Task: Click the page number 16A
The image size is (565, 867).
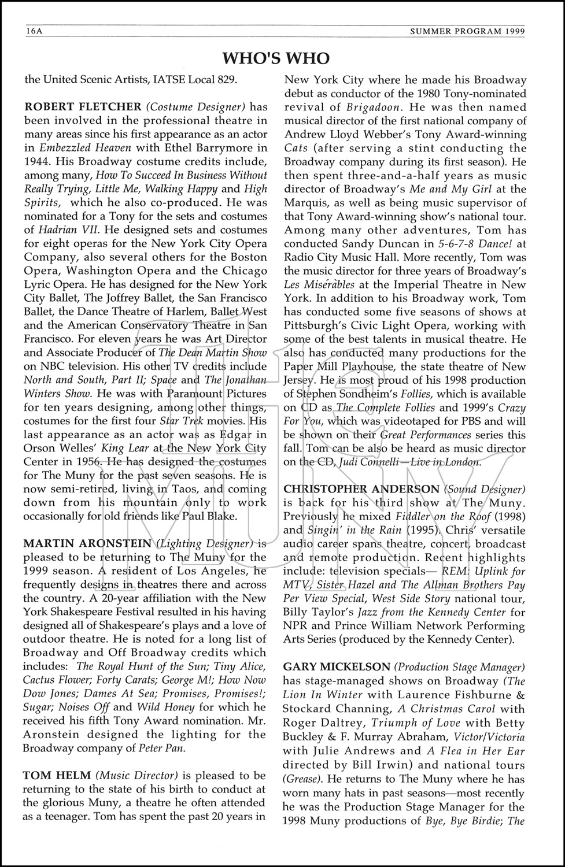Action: [34, 31]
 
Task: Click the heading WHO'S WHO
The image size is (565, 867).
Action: [276, 58]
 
